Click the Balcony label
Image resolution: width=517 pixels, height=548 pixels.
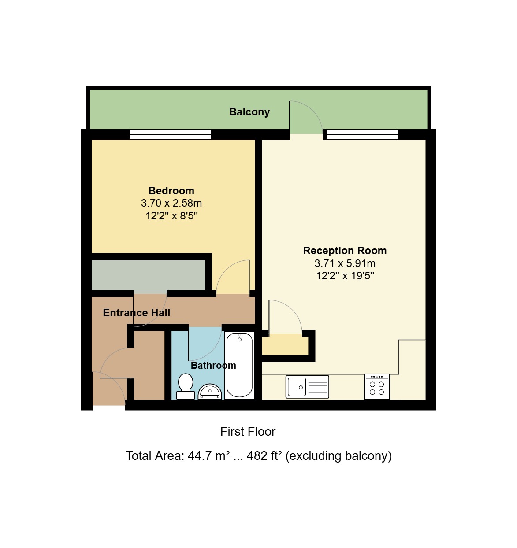pyautogui.click(x=249, y=112)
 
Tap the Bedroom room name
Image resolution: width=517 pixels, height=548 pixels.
pyautogui.click(x=171, y=191)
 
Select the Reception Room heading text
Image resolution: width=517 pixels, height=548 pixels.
pyautogui.click(x=345, y=251)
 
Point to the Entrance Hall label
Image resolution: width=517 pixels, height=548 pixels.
pyautogui.click(x=137, y=313)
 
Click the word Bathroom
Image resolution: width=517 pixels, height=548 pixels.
pyautogui.click(x=213, y=365)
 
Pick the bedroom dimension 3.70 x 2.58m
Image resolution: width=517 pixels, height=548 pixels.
pyautogui.click(x=171, y=203)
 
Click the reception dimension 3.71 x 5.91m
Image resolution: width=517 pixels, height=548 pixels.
pyautogui.click(x=345, y=263)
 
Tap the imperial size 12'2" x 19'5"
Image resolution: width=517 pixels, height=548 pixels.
pyautogui.click(x=345, y=276)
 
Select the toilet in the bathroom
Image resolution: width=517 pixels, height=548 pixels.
pyautogui.click(x=185, y=386)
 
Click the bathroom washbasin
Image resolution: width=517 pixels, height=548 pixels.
pyautogui.click(x=210, y=392)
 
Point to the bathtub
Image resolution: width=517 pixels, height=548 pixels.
pyautogui.click(x=239, y=365)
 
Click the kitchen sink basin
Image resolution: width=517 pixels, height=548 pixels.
pyautogui.click(x=297, y=387)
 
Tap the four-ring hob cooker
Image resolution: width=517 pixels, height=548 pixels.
pyautogui.click(x=377, y=386)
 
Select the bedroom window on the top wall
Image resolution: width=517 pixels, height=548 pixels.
pyautogui.click(x=170, y=134)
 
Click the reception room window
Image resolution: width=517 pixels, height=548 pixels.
pyautogui.click(x=362, y=134)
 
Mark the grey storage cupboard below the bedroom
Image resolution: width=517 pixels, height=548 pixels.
pyautogui.click(x=148, y=275)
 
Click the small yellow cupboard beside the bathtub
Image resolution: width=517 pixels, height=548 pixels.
pyautogui.click(x=285, y=344)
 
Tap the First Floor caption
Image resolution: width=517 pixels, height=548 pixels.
pyautogui.click(x=248, y=432)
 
